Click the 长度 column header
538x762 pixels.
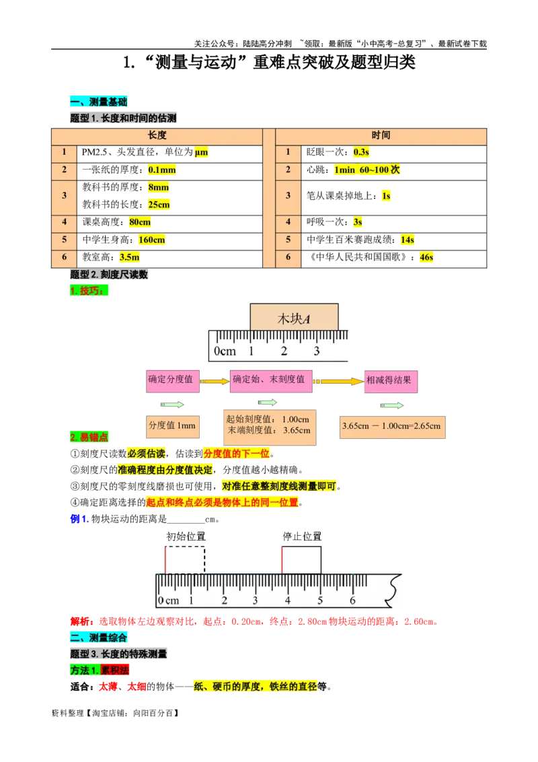(x=157, y=135)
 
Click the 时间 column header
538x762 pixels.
(x=381, y=135)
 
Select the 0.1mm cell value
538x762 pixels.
(x=161, y=170)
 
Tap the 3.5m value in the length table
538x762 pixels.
(x=129, y=258)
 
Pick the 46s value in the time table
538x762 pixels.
(x=426, y=257)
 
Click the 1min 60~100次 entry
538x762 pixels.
(x=367, y=170)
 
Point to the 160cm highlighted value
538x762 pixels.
(x=152, y=240)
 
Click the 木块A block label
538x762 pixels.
(x=294, y=318)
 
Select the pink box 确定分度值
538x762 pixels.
(x=171, y=380)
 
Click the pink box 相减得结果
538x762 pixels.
(x=390, y=380)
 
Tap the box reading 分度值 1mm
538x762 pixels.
(x=172, y=426)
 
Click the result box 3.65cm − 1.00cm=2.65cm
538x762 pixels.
(x=391, y=426)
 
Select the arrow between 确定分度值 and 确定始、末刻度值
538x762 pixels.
(x=215, y=381)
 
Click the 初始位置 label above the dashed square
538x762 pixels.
(x=186, y=536)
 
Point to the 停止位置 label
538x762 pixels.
(x=302, y=536)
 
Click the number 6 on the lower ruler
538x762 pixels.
(x=352, y=600)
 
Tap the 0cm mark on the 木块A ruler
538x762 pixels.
(x=225, y=351)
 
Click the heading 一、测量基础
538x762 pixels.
(x=98, y=102)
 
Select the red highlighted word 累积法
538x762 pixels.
(x=116, y=670)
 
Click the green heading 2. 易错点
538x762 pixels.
(x=89, y=438)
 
